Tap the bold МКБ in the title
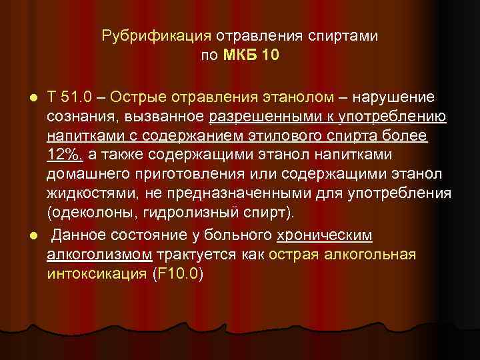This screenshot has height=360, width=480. pyautogui.click(x=244, y=55)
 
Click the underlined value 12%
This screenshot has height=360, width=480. pyautogui.click(x=64, y=155)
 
